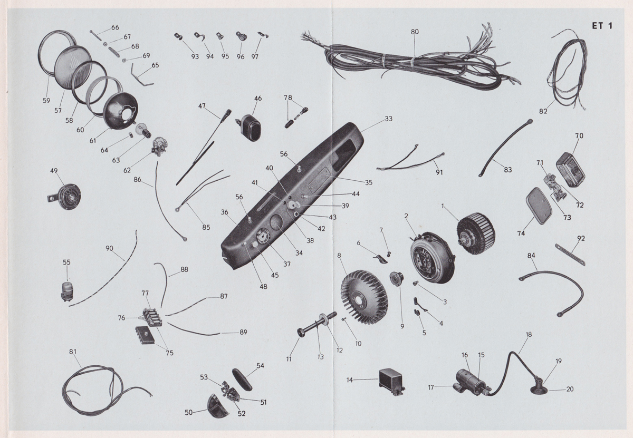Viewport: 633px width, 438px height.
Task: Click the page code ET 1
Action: pos(602,26)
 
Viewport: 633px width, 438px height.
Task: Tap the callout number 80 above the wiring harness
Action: pos(415,32)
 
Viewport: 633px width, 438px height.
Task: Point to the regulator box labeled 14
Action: pos(391,381)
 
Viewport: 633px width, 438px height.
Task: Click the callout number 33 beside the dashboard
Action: pos(389,119)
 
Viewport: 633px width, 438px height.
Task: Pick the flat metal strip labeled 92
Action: pos(570,255)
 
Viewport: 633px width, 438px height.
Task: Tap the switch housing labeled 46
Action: pos(251,126)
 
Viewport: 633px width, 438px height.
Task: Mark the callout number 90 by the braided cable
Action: pos(109,248)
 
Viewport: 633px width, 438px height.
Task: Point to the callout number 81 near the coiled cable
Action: pos(73,352)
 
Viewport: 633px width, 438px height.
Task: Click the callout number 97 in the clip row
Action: pos(256,57)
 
